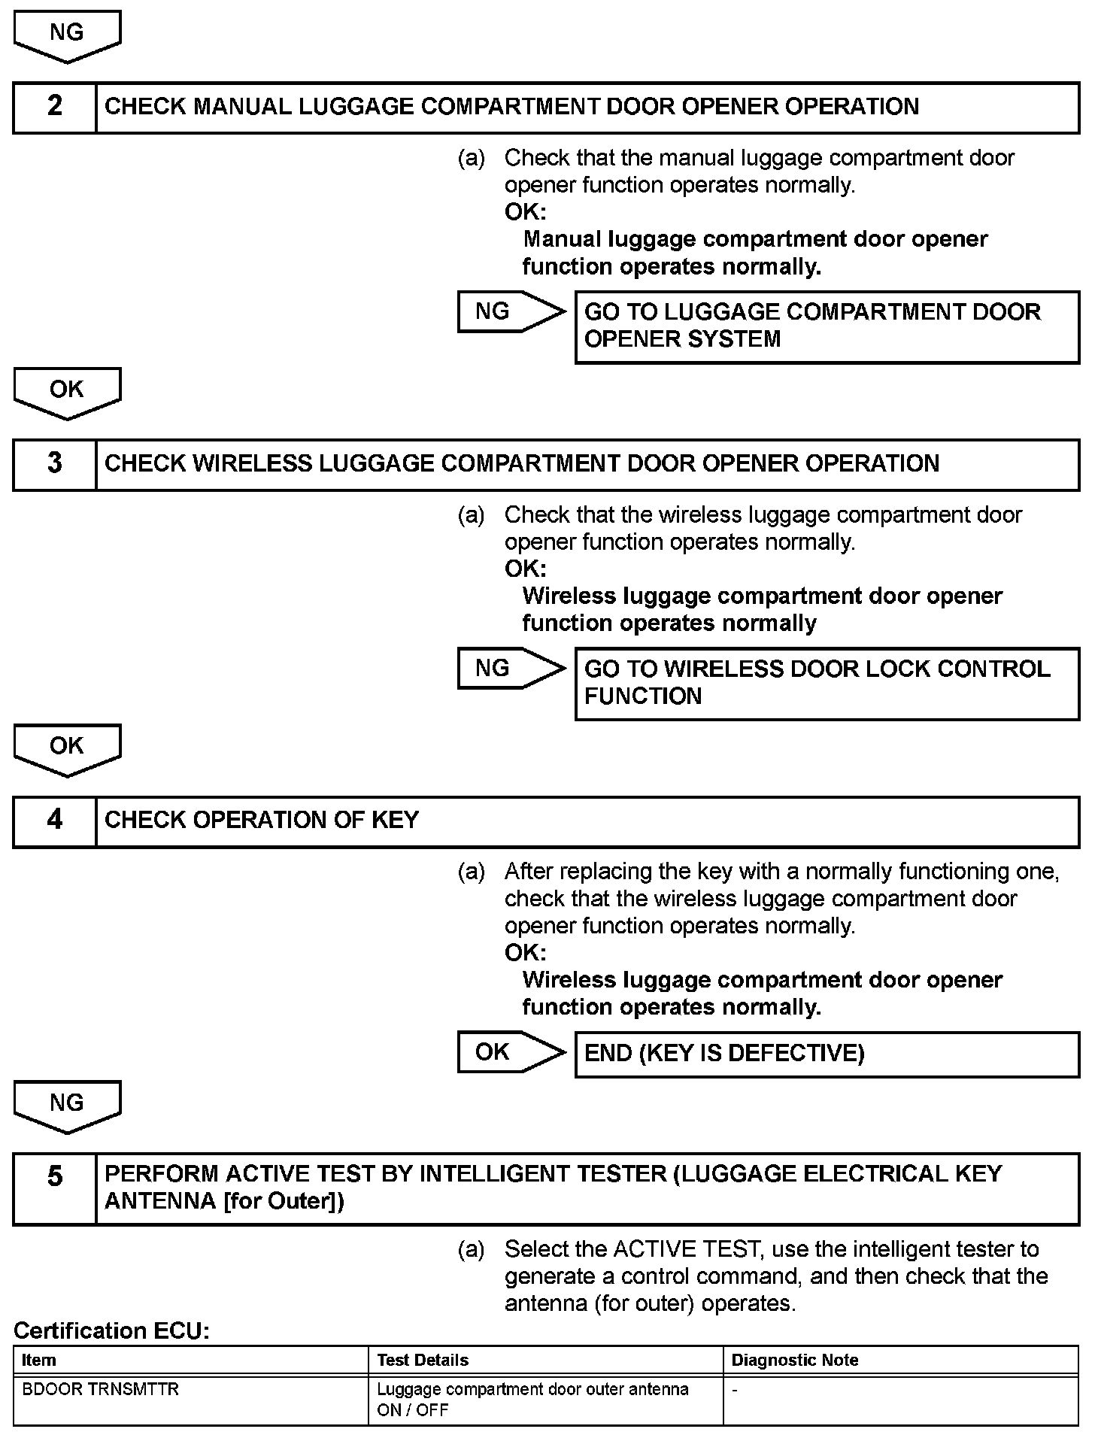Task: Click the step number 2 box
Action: point(55,107)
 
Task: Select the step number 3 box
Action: point(55,464)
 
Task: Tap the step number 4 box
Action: point(55,821)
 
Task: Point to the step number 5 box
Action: point(55,1189)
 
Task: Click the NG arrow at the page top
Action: point(67,35)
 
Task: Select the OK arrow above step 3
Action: point(67,391)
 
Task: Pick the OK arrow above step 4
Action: point(67,748)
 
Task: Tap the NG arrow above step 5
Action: point(67,1105)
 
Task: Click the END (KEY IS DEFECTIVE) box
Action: point(827,1054)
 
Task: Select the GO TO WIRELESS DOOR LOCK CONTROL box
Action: point(827,683)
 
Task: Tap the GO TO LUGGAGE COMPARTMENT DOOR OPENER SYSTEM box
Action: point(827,326)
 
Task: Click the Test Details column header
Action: point(423,1360)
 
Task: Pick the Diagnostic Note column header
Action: point(795,1360)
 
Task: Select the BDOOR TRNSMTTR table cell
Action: point(101,1389)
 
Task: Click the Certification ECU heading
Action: point(111,1330)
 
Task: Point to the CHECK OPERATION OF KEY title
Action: point(262,821)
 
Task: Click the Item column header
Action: point(39,1360)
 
